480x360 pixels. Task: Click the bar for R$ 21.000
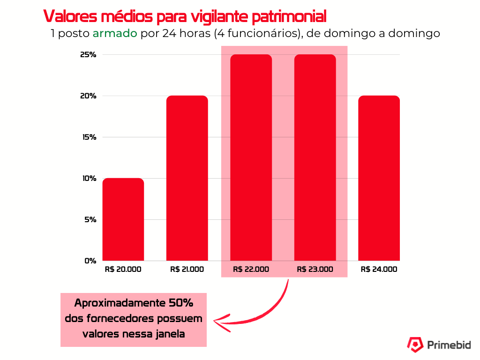tap(187, 178)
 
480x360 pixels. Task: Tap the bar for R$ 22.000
tap(251, 157)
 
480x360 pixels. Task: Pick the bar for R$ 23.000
tap(315, 157)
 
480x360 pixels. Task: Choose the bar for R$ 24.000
tap(379, 178)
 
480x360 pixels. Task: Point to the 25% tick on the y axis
tap(88, 55)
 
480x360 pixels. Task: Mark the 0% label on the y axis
tap(90, 261)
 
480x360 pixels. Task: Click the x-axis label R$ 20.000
tap(123, 270)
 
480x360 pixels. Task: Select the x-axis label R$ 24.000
tap(379, 270)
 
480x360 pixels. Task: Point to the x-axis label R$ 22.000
tap(251, 270)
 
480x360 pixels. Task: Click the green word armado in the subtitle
tap(115, 34)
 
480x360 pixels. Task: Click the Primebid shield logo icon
tap(414, 345)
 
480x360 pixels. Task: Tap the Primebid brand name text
tap(449, 345)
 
